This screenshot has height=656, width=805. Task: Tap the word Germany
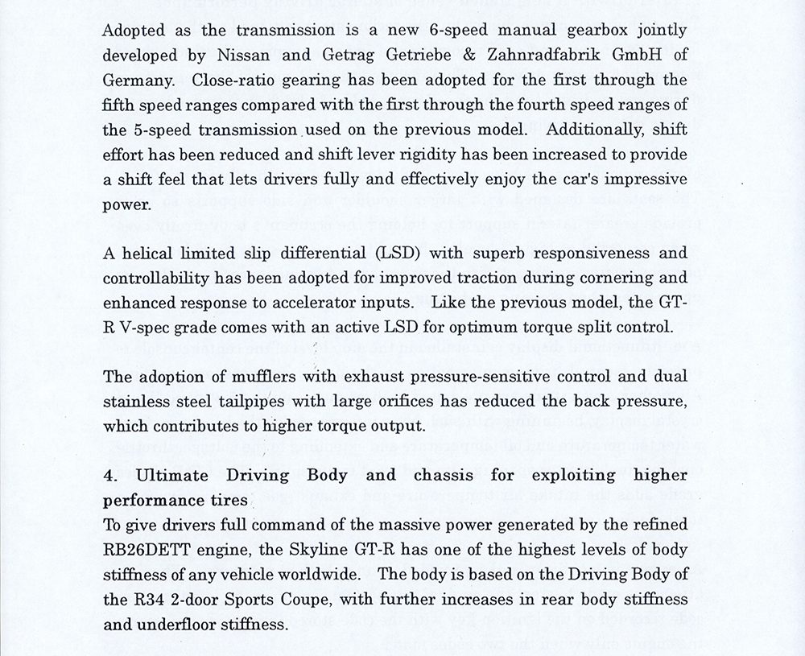coord(138,80)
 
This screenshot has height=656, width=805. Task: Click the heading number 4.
coord(109,476)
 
